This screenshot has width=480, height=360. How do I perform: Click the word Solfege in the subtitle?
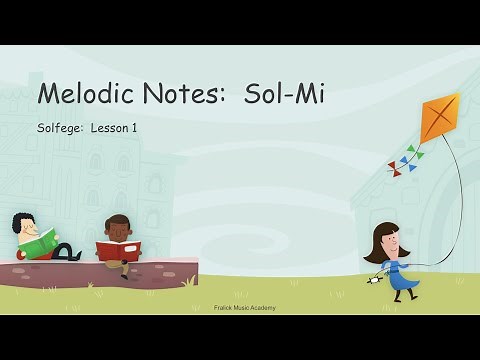click(x=59, y=128)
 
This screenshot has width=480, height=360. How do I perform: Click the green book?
click(x=41, y=243)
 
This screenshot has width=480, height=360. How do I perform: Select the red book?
click(x=119, y=248)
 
